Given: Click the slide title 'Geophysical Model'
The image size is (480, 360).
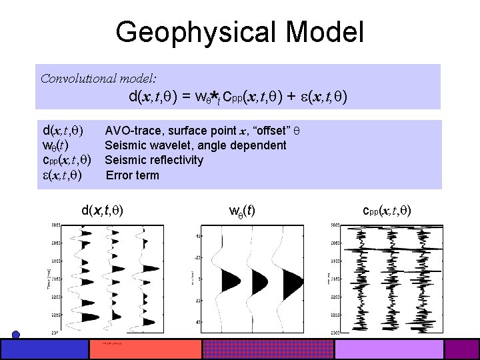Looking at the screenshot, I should coord(239,32).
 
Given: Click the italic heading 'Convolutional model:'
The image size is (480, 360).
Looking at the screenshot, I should coord(98,78).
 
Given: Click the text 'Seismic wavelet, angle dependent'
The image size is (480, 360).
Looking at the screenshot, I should coord(195,145).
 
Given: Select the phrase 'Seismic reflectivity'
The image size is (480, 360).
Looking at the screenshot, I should coord(154,160).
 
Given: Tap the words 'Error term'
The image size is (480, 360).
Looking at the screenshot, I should coord(133,175).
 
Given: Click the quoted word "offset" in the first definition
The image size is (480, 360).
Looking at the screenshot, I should coord(273,130).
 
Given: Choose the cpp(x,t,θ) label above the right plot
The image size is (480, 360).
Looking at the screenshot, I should coord(387,211).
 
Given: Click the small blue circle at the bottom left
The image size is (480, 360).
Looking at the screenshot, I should coord(16,335).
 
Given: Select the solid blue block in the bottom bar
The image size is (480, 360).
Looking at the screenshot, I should coord(45,349).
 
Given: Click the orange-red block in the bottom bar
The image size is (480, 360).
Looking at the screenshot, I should coord(145,349).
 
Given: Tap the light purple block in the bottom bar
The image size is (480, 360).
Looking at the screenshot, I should coord(389,349).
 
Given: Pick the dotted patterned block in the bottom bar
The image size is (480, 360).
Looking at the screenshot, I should coord(267,349).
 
